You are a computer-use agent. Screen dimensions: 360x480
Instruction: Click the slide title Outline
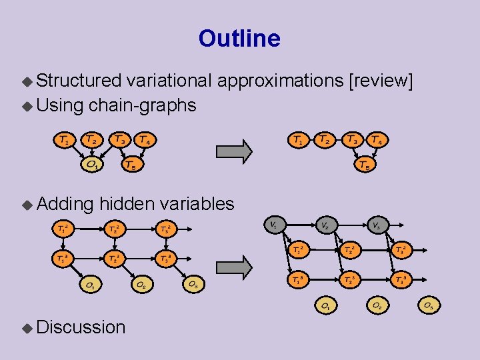[x=239, y=39]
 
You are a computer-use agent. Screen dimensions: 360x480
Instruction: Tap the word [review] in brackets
[x=381, y=81]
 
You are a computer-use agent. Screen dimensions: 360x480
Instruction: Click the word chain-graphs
[x=142, y=105]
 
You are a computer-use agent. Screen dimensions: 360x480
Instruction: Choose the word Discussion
[x=81, y=327]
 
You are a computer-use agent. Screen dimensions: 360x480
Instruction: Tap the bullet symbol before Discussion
[x=27, y=327]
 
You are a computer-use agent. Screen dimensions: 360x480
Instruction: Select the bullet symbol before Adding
[x=27, y=204]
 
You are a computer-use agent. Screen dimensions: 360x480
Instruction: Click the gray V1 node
[x=273, y=224]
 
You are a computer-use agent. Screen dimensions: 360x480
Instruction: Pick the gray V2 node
[x=325, y=225]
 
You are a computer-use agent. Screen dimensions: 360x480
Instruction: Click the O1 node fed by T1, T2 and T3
[x=93, y=164]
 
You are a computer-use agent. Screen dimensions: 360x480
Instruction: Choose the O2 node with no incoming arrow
[x=377, y=305]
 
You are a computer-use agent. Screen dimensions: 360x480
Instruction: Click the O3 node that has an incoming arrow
[x=193, y=284]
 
